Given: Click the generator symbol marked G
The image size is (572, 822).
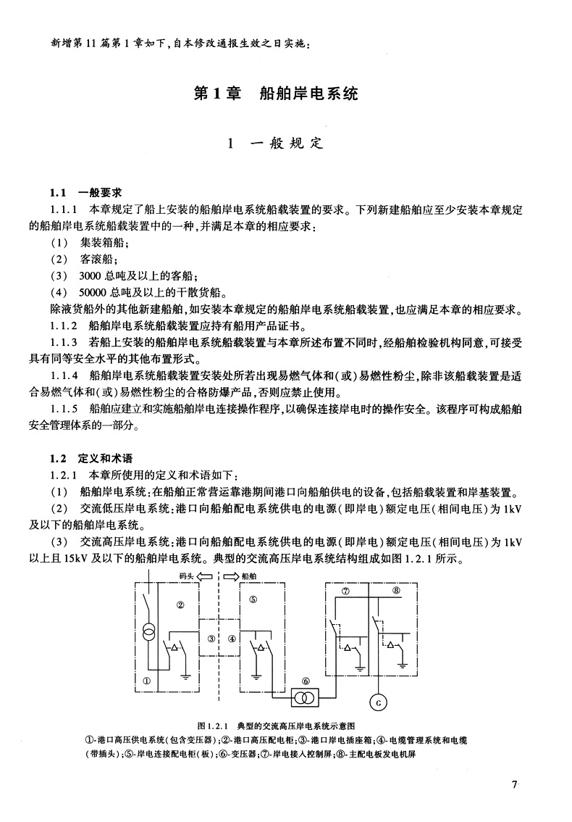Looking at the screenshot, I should pos(377,701).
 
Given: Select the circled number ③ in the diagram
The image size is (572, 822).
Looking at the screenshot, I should pos(211,639).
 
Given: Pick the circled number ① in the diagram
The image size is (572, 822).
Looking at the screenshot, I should pos(146,680).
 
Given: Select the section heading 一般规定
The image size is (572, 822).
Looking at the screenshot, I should pos(285,143).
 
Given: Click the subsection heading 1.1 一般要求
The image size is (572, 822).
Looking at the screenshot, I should pos(85,193).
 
